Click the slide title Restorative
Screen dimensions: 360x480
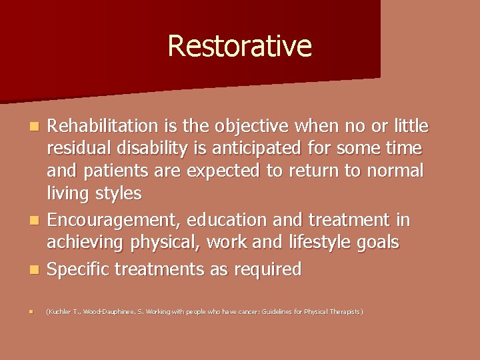pos(239,46)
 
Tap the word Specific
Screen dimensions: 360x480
pos(80,269)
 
